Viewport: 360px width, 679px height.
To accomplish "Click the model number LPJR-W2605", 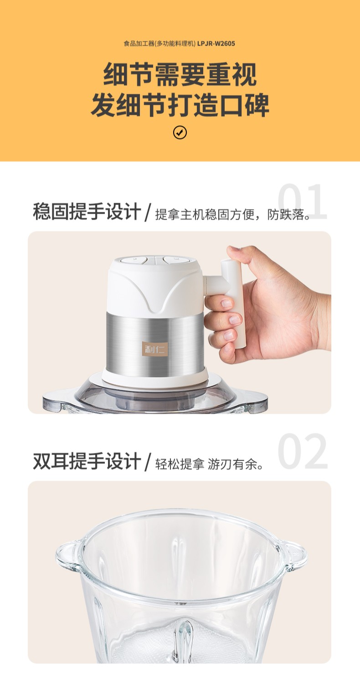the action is click(x=216, y=43).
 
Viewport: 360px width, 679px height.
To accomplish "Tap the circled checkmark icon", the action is click(x=180, y=133).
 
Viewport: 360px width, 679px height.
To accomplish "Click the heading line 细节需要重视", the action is click(x=180, y=75).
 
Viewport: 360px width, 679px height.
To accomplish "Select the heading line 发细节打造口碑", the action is click(x=180, y=105).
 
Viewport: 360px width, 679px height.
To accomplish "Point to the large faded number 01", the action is click(x=303, y=201).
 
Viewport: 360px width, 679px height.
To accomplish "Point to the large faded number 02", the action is click(x=303, y=451).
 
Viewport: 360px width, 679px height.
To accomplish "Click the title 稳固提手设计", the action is click(x=87, y=211).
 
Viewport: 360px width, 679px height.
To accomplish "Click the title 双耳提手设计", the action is click(x=87, y=461).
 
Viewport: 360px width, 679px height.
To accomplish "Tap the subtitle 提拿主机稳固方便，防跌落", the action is click(x=233, y=214).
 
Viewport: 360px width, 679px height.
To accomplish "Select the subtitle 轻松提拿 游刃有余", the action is click(x=209, y=464).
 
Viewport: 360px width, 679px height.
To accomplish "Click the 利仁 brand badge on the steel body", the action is click(x=155, y=349).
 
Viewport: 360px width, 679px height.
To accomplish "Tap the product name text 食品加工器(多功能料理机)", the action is click(x=159, y=43).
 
